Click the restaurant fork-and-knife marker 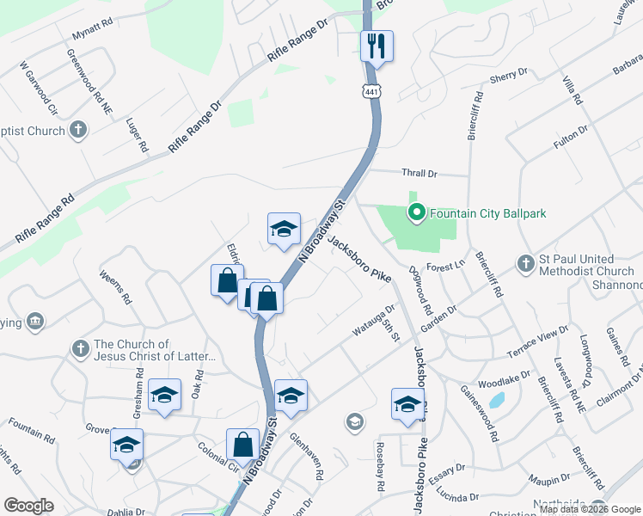click(376, 46)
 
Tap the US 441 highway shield click(371, 91)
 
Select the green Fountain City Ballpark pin click(417, 212)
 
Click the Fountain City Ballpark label click(487, 213)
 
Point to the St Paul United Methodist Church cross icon click(526, 263)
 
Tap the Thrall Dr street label click(419, 174)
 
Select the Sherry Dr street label click(507, 78)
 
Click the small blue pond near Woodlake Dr click(496, 400)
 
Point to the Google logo click(29, 506)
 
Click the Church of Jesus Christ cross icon click(80, 348)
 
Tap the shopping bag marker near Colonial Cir click(243, 445)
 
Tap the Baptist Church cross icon click(78, 131)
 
